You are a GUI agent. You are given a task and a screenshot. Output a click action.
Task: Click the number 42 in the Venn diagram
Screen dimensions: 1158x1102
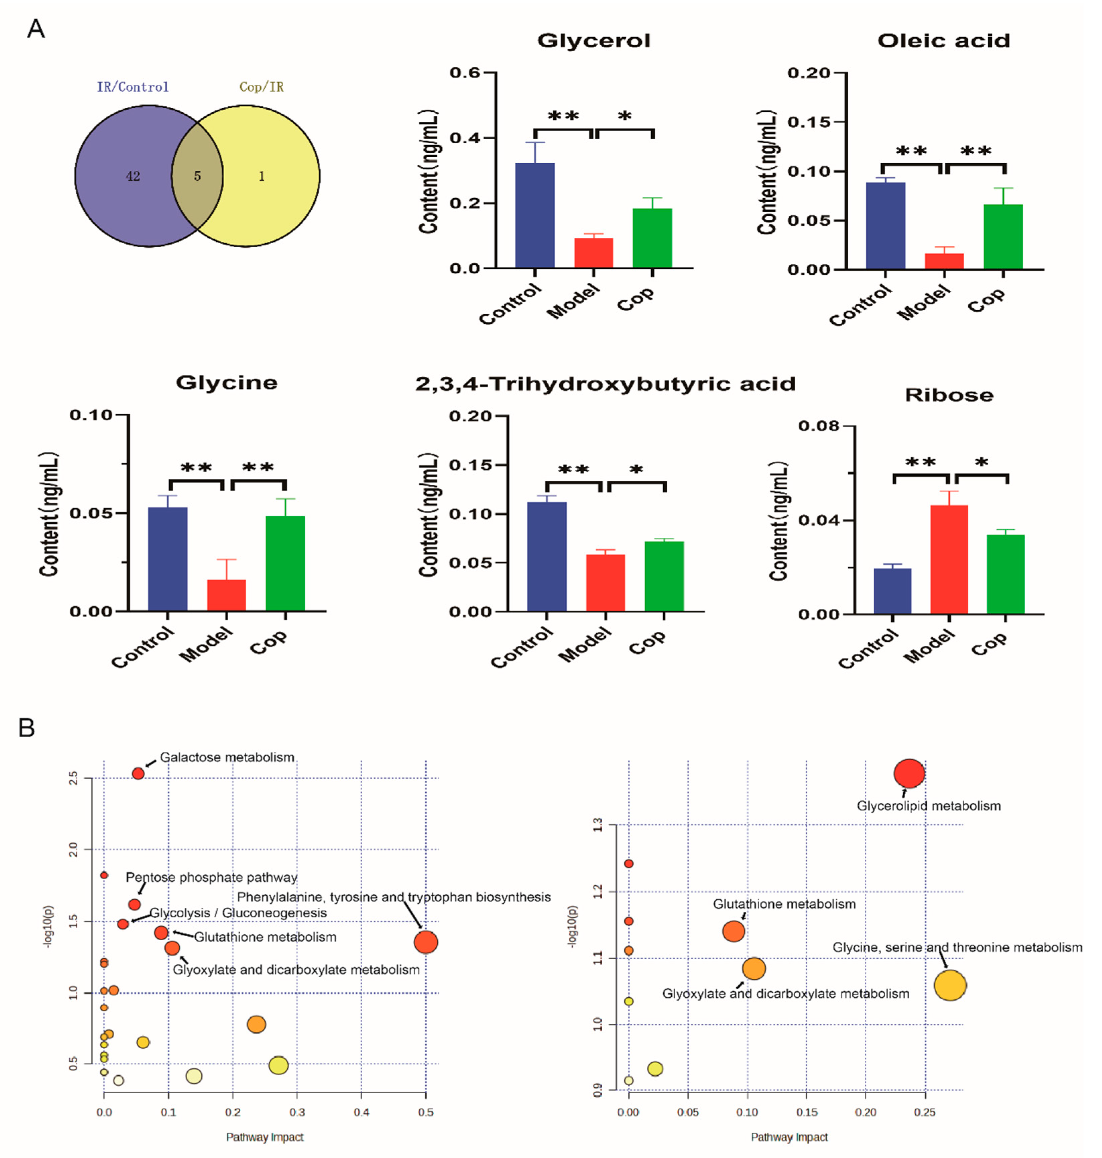tap(133, 176)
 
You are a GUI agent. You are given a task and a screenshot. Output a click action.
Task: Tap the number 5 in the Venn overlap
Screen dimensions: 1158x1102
tap(197, 176)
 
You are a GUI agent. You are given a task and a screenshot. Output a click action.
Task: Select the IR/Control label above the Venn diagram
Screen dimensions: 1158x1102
tap(133, 87)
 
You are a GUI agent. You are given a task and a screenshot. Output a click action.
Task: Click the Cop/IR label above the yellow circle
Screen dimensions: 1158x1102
tap(261, 87)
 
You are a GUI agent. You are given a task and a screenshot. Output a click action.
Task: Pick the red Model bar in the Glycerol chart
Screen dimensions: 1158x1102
tap(593, 253)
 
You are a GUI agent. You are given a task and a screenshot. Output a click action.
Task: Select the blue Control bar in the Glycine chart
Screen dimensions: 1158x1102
tap(168, 559)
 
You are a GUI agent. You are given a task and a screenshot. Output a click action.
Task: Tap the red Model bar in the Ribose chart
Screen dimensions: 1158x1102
tap(949, 559)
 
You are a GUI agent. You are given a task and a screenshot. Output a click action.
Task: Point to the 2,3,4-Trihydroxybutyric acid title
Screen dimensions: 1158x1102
tap(605, 384)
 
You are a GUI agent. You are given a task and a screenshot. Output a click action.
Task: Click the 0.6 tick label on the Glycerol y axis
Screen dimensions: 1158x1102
tap(465, 72)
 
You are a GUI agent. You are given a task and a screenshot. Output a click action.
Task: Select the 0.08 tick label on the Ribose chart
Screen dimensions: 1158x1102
tap(818, 426)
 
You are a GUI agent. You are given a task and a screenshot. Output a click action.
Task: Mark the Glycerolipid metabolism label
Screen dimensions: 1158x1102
tap(928, 806)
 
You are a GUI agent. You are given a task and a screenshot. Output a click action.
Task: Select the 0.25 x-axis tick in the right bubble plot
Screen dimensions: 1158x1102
tap(925, 1112)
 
